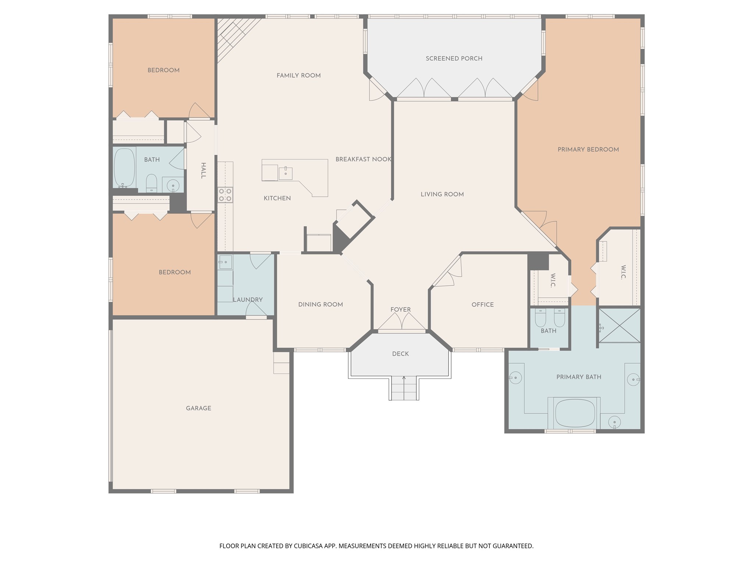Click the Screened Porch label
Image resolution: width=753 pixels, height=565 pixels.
click(x=454, y=58)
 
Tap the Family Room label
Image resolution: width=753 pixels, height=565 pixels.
click(x=299, y=75)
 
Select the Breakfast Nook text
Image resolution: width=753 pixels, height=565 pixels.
click(x=363, y=159)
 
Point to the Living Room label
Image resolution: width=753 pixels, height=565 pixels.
click(x=442, y=194)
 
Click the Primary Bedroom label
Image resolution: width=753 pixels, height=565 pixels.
click(x=588, y=149)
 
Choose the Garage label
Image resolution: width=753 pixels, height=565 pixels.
click(x=199, y=408)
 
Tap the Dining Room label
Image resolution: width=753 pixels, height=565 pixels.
click(x=321, y=305)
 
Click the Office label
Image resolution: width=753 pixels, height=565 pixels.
click(x=483, y=305)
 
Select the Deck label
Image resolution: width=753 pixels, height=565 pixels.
click(x=400, y=354)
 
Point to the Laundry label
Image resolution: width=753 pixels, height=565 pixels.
click(x=248, y=300)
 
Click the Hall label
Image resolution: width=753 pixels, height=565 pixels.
click(x=203, y=171)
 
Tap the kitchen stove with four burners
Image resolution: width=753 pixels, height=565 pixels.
click(x=225, y=195)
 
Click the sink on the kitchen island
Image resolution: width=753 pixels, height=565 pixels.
click(x=285, y=173)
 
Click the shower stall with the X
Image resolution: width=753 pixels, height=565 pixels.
click(x=620, y=326)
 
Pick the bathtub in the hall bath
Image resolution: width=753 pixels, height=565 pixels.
click(x=125, y=167)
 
